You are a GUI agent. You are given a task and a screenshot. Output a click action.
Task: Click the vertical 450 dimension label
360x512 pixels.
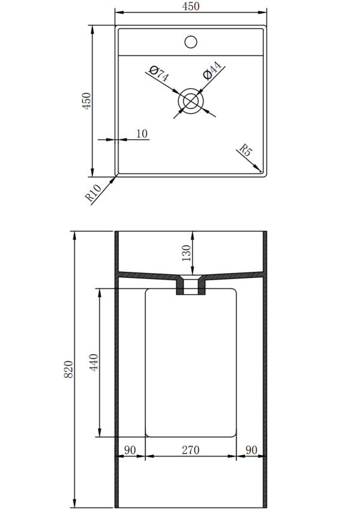[86, 101]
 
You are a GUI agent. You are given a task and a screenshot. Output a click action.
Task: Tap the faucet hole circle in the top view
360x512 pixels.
[191, 42]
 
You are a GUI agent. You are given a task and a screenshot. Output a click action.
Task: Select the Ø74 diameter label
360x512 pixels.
[158, 74]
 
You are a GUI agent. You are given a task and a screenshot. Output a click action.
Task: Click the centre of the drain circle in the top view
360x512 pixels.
[191, 101]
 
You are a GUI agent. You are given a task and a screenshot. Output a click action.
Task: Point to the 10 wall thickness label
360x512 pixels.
[142, 133]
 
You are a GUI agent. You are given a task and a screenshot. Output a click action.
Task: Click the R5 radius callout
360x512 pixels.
[246, 150]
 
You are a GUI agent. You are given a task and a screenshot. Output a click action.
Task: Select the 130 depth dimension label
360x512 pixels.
[186, 253]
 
